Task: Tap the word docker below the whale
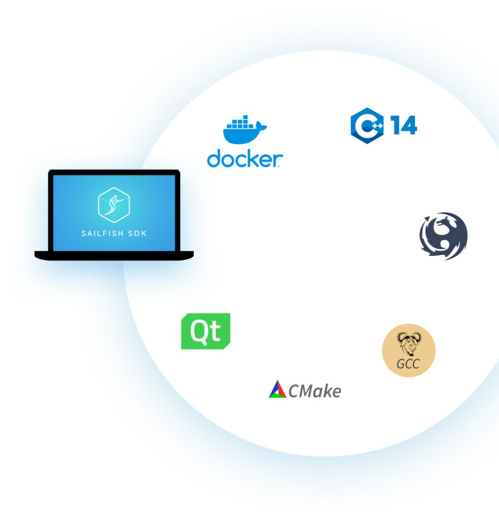click(244, 158)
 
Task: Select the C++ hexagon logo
click(367, 125)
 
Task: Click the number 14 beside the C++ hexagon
click(404, 125)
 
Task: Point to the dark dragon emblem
click(443, 236)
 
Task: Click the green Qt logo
click(205, 331)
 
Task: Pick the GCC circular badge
click(408, 350)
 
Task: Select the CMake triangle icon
click(277, 389)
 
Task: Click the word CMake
click(314, 391)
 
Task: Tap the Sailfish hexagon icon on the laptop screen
click(114, 205)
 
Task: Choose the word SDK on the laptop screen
click(136, 234)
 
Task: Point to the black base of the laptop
click(114, 255)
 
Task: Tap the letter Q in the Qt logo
click(198, 331)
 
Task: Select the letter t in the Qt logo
click(215, 332)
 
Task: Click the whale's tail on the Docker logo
click(262, 126)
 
